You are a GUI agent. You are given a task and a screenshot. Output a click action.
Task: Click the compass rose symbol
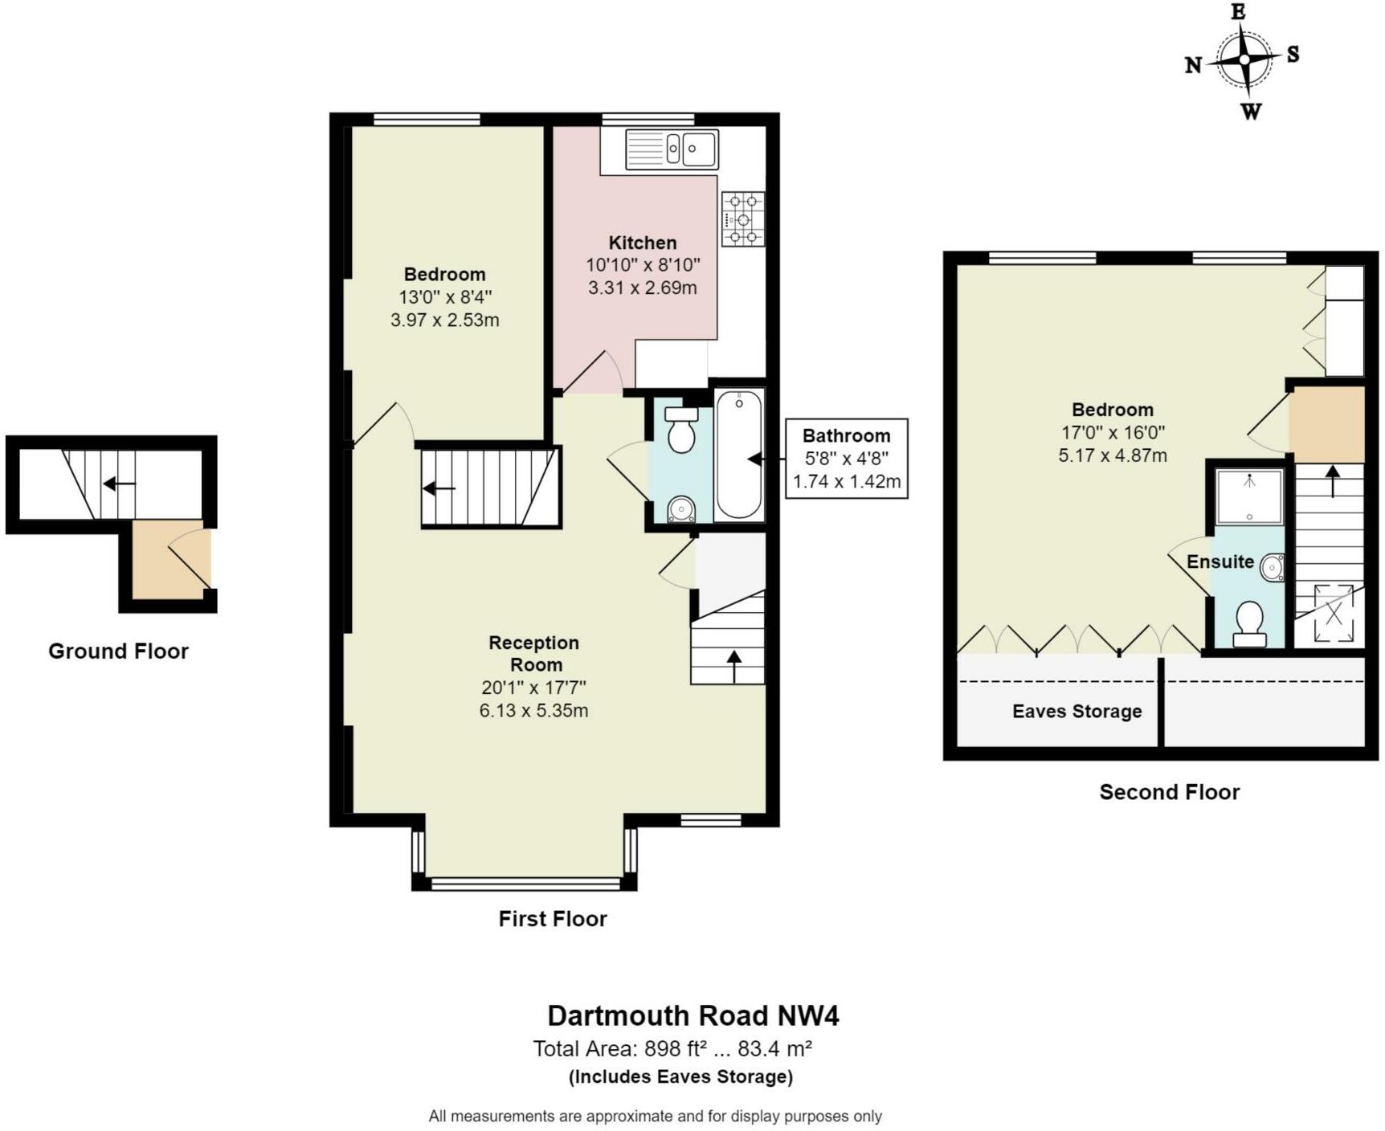(1244, 60)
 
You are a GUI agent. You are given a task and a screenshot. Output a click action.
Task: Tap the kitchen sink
(672, 149)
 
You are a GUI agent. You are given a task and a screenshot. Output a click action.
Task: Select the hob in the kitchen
(743, 218)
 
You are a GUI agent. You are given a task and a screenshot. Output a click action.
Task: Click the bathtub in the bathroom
(739, 454)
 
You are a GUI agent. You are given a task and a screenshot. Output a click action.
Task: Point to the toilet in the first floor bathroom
(681, 429)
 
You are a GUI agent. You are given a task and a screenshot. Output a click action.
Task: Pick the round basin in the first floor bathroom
(681, 510)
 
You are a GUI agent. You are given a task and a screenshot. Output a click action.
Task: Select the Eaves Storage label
(1077, 712)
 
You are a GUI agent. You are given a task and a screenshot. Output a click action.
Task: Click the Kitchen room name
(643, 243)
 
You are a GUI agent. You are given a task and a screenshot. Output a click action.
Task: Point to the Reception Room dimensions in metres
(533, 711)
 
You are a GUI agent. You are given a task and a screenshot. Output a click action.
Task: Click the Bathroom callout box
(847, 459)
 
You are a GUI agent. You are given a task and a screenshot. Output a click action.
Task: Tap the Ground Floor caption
(118, 651)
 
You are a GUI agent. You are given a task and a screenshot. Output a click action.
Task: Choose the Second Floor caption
(1170, 793)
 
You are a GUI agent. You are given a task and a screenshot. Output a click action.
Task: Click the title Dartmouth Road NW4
(692, 1016)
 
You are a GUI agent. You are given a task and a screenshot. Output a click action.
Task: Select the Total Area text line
(672, 1049)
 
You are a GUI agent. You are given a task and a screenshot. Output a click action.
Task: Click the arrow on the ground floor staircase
(119, 484)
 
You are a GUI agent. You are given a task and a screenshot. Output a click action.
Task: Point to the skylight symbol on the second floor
(1334, 614)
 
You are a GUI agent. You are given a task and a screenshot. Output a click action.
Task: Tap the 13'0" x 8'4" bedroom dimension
(445, 297)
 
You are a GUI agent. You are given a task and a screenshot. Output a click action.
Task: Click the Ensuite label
(1220, 562)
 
